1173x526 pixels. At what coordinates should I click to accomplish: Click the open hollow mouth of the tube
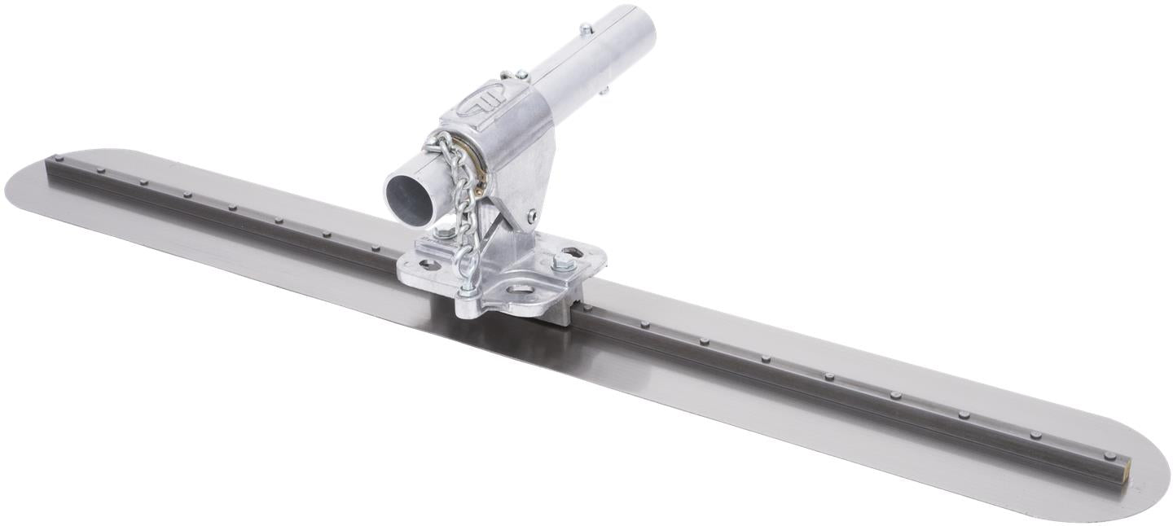(411, 195)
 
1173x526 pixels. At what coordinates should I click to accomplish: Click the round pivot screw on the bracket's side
(532, 216)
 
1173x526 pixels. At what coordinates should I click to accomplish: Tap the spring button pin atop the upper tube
(586, 29)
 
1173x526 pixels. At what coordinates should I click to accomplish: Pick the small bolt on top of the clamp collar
(521, 75)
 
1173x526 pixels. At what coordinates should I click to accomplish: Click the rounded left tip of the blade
(11, 186)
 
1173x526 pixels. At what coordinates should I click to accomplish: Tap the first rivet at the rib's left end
(57, 159)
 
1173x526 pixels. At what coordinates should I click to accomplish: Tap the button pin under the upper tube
(604, 90)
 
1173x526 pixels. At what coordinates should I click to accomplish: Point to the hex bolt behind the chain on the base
(446, 232)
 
